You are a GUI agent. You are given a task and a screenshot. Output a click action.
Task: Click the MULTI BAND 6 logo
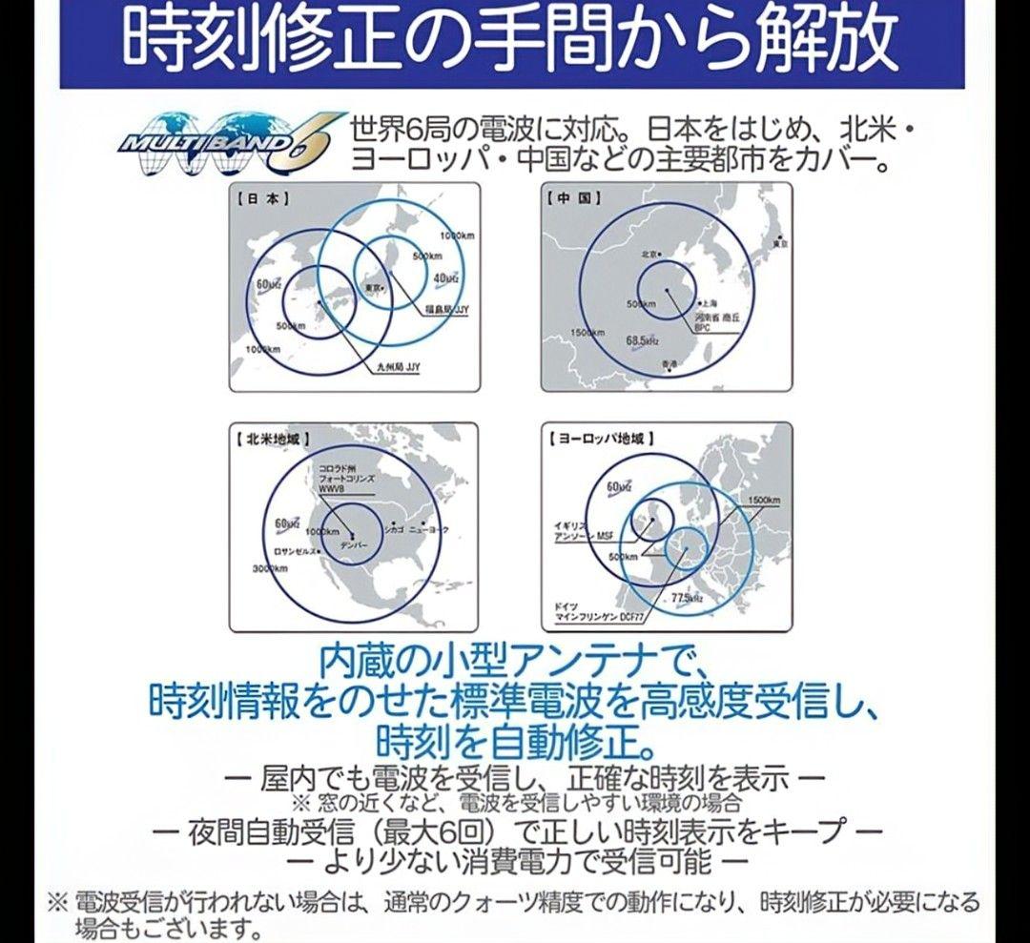pyautogui.click(x=224, y=144)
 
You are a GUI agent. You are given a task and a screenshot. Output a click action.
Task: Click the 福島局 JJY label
pyautogui.click(x=445, y=310)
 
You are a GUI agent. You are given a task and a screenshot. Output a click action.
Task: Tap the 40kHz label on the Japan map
pyautogui.click(x=445, y=277)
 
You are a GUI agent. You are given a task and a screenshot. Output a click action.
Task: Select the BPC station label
pyautogui.click(x=703, y=327)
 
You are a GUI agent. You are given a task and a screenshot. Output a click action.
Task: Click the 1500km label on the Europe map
pyautogui.click(x=765, y=501)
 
